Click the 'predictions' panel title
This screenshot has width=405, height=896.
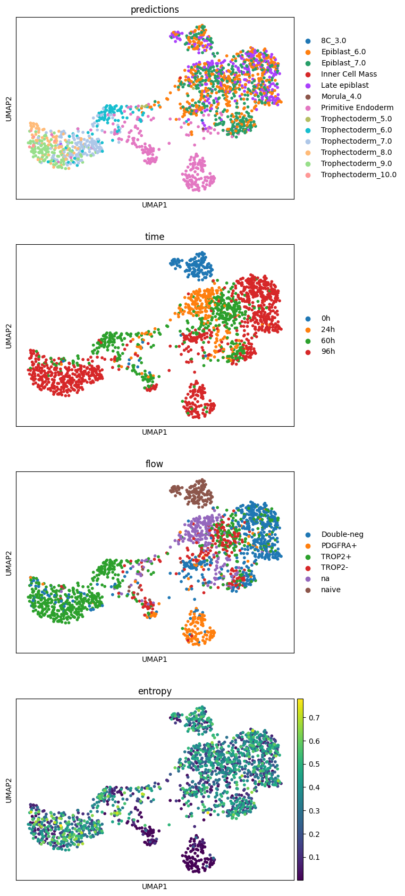click(155, 10)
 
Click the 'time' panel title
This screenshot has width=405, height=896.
click(155, 237)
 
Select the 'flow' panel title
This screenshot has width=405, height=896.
click(155, 464)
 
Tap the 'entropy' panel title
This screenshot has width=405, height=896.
click(155, 691)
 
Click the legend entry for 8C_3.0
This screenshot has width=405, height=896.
click(333, 40)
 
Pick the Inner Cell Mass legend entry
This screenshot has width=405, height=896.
click(349, 74)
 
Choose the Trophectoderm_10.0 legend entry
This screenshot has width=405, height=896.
click(359, 175)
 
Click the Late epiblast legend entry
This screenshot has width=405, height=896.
click(344, 85)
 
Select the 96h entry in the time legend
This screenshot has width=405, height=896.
click(328, 352)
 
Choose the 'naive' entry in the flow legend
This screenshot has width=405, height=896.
click(331, 590)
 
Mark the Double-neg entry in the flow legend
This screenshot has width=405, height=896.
click(342, 534)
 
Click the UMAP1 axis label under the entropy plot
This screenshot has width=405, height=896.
click(155, 886)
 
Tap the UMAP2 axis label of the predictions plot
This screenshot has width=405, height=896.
click(9, 108)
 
